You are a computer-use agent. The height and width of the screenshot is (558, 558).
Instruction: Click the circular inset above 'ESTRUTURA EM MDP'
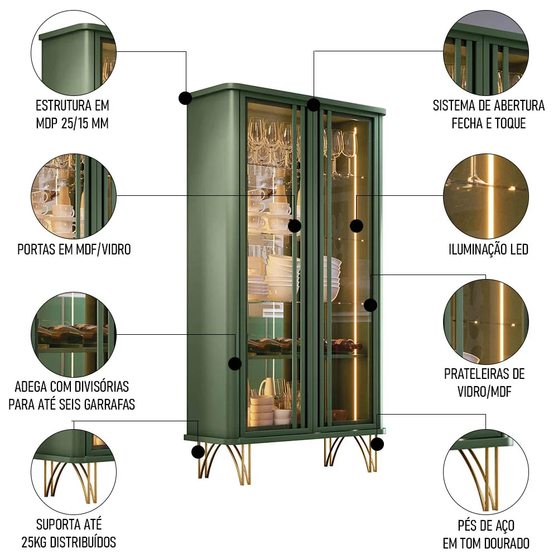tap(74, 52)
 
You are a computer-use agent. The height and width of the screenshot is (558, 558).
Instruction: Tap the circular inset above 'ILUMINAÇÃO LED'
tap(486, 196)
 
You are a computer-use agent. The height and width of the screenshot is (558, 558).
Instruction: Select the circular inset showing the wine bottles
tap(74, 334)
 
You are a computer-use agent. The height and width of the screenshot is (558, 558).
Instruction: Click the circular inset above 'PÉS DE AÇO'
tap(486, 472)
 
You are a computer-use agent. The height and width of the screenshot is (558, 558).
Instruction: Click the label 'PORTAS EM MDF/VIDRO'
tap(74, 249)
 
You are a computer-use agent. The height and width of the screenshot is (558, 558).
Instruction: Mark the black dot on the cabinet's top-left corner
tap(185, 98)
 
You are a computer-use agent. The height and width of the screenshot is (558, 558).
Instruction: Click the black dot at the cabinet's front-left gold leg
tap(198, 452)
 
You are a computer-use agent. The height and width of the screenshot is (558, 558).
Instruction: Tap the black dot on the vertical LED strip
tap(356, 225)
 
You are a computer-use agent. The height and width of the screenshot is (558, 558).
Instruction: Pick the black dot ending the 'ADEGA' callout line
tap(235, 363)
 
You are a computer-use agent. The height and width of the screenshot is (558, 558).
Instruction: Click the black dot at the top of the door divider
tap(313, 105)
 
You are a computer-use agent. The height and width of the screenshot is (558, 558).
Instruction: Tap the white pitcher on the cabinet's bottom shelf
tap(267, 387)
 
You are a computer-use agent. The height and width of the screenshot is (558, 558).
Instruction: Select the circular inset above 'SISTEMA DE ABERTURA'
tap(486, 52)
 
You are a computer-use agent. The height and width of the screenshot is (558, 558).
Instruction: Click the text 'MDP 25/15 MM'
tap(72, 123)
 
